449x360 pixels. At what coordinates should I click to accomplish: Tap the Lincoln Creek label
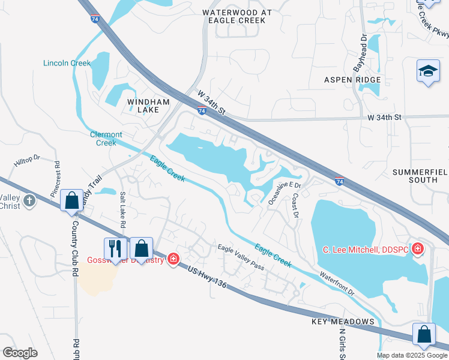tap(67, 63)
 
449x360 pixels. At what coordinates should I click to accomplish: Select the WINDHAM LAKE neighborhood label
tap(143, 106)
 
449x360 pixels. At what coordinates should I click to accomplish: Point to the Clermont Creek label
tap(106, 139)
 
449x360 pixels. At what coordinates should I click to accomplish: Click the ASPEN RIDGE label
tap(352, 80)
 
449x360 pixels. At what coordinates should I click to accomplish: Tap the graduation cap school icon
tap(428, 72)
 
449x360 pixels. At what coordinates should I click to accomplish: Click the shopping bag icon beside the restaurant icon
tap(141, 248)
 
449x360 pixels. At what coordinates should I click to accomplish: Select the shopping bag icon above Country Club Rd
tap(72, 201)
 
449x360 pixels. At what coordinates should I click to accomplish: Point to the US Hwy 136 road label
tap(207, 278)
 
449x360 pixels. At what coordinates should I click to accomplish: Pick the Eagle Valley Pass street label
tap(241, 257)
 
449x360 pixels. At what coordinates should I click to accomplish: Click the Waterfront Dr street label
tap(337, 286)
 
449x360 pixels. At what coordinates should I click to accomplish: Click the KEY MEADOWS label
tap(343, 322)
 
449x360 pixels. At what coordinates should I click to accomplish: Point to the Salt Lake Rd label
tap(122, 209)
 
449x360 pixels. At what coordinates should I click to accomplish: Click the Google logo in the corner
tap(20, 352)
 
